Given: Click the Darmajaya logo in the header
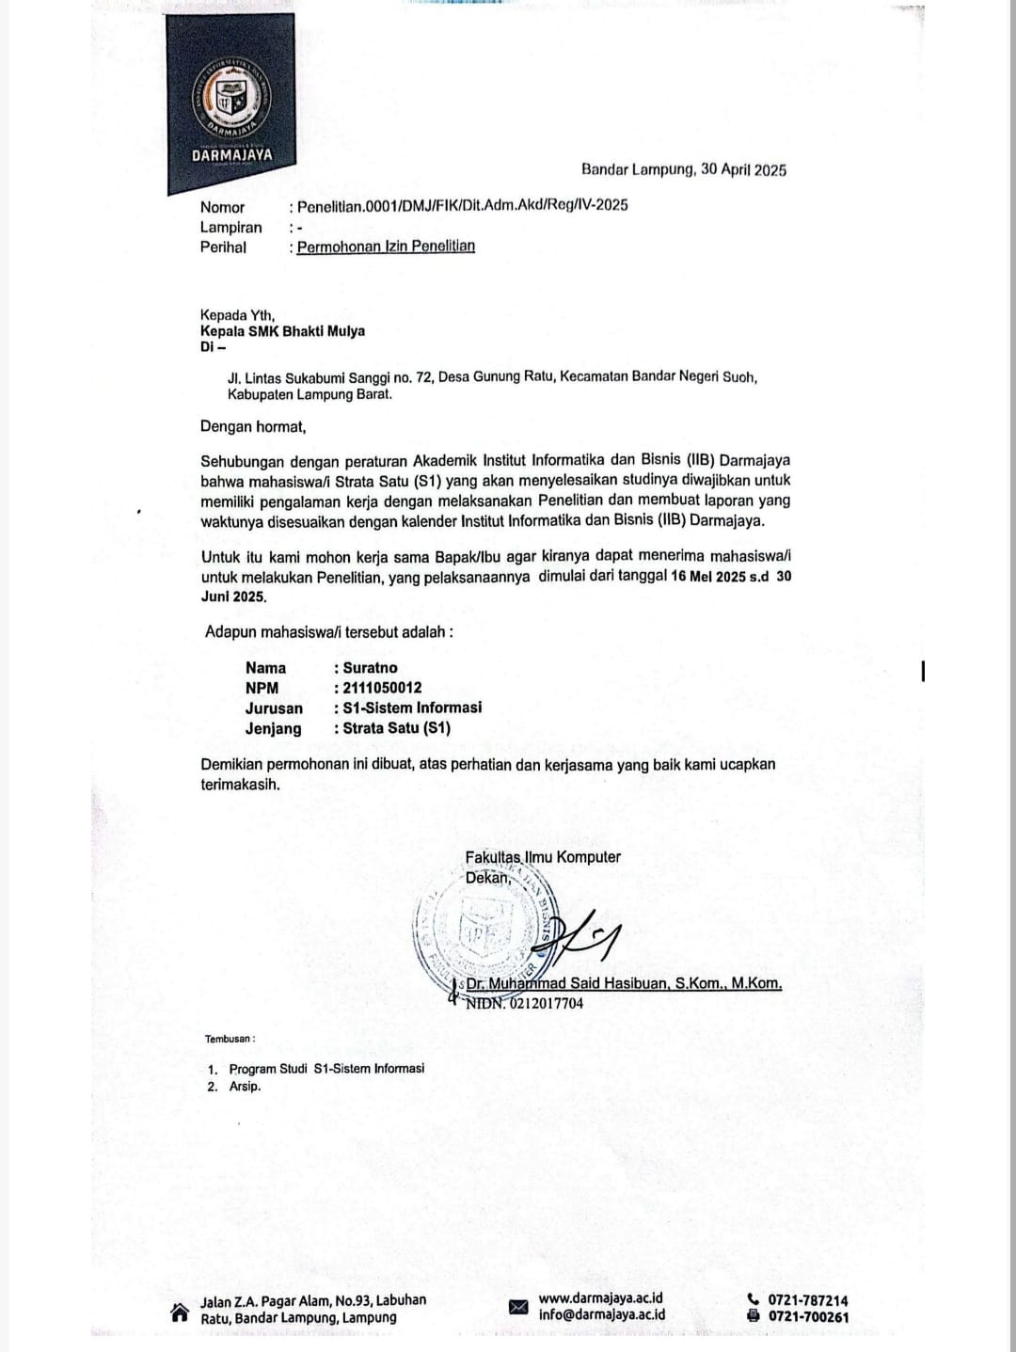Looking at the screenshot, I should [x=230, y=103].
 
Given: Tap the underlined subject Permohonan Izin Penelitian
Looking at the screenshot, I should [x=386, y=247].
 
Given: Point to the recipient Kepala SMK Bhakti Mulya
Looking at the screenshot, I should [x=282, y=331].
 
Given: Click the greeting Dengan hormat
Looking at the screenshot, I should [x=253, y=427].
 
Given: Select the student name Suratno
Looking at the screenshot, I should [x=370, y=668].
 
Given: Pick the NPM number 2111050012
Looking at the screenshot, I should [x=382, y=688].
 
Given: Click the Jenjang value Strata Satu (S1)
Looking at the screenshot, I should [x=396, y=728].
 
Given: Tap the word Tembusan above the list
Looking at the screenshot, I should [x=228, y=1040].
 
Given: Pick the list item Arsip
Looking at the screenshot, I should [x=245, y=1087].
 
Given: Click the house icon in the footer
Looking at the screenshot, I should [x=179, y=1312].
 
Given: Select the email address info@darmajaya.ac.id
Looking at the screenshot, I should [x=601, y=1316].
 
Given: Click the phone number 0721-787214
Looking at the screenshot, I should [x=807, y=1300].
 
